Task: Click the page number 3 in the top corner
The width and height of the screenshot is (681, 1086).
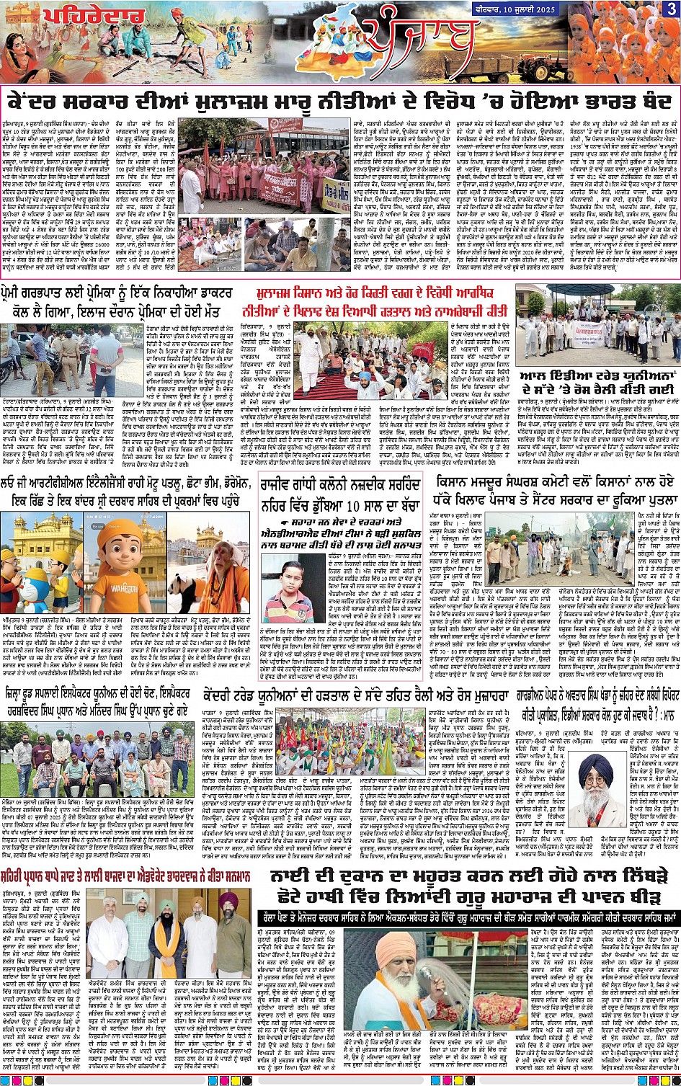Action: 670,9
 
